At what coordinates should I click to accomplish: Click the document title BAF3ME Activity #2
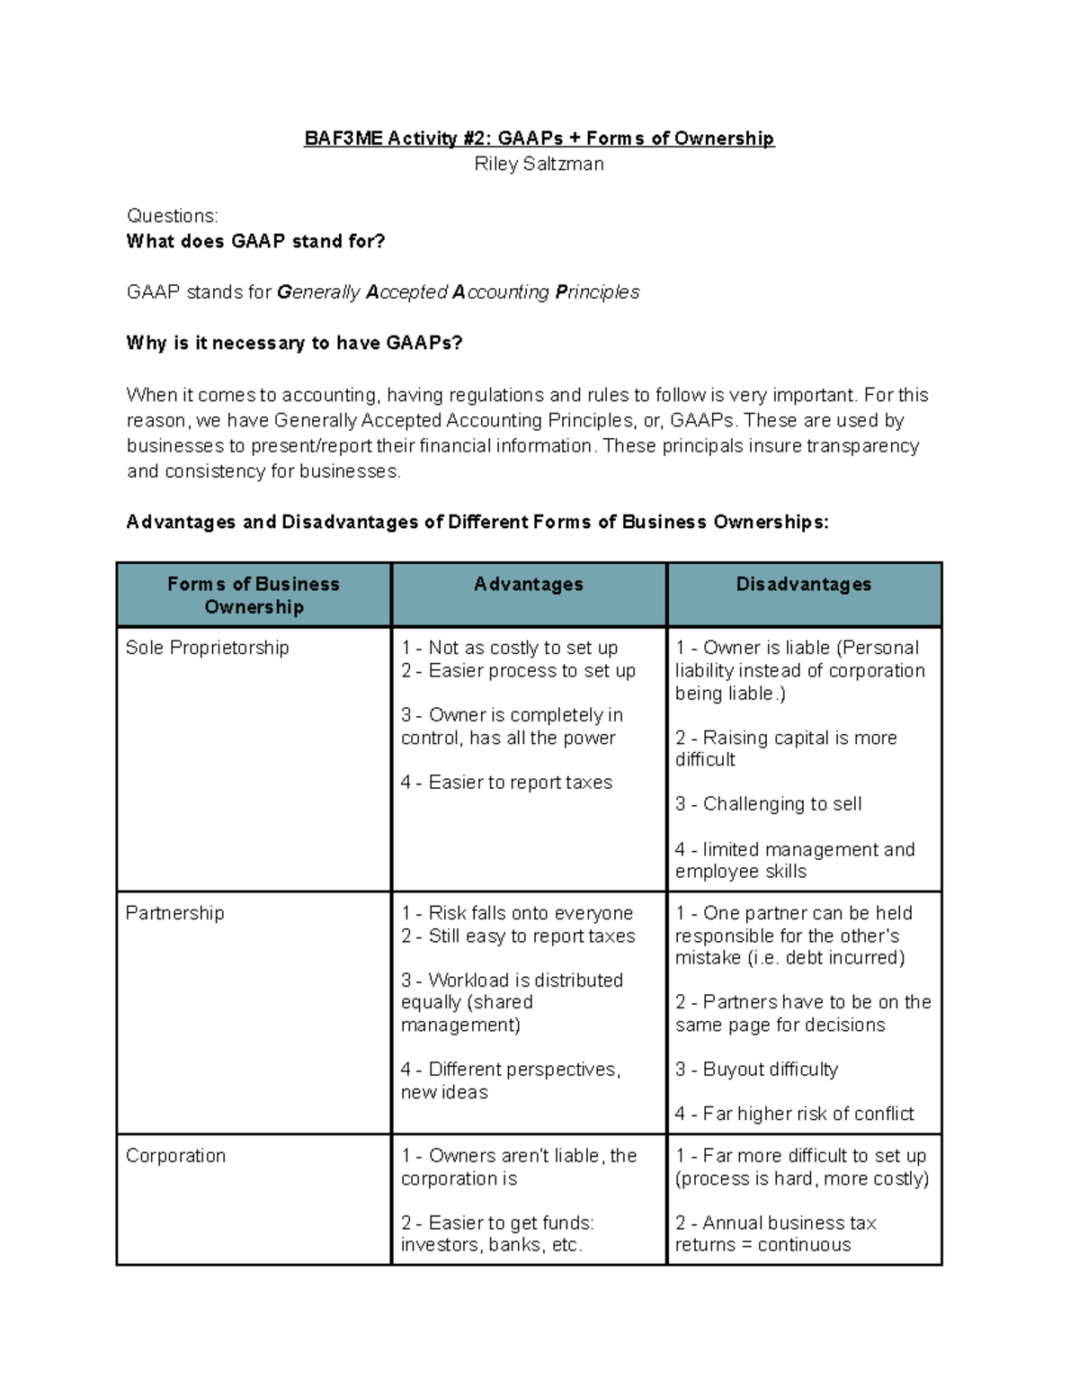539,139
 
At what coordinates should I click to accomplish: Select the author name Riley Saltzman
539,164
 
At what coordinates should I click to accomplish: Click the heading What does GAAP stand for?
255,241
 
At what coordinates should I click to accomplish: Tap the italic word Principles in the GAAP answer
597,292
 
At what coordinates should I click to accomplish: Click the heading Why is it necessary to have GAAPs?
294,343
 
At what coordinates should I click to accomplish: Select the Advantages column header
529,585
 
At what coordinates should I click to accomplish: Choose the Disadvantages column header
803,585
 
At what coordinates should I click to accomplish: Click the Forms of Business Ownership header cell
254,596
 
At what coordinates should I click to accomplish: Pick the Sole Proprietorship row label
208,648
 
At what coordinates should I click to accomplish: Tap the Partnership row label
175,913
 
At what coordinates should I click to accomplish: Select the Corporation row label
176,1156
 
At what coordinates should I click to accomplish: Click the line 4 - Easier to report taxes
506,783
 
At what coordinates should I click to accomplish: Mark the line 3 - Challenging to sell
768,804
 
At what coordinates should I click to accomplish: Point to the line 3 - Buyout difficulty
756,1070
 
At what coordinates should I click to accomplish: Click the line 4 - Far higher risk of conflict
794,1114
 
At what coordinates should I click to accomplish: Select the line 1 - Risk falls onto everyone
517,913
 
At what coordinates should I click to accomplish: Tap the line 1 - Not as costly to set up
509,648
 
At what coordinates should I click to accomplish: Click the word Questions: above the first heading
173,216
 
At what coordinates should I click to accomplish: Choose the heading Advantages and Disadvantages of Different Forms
477,523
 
